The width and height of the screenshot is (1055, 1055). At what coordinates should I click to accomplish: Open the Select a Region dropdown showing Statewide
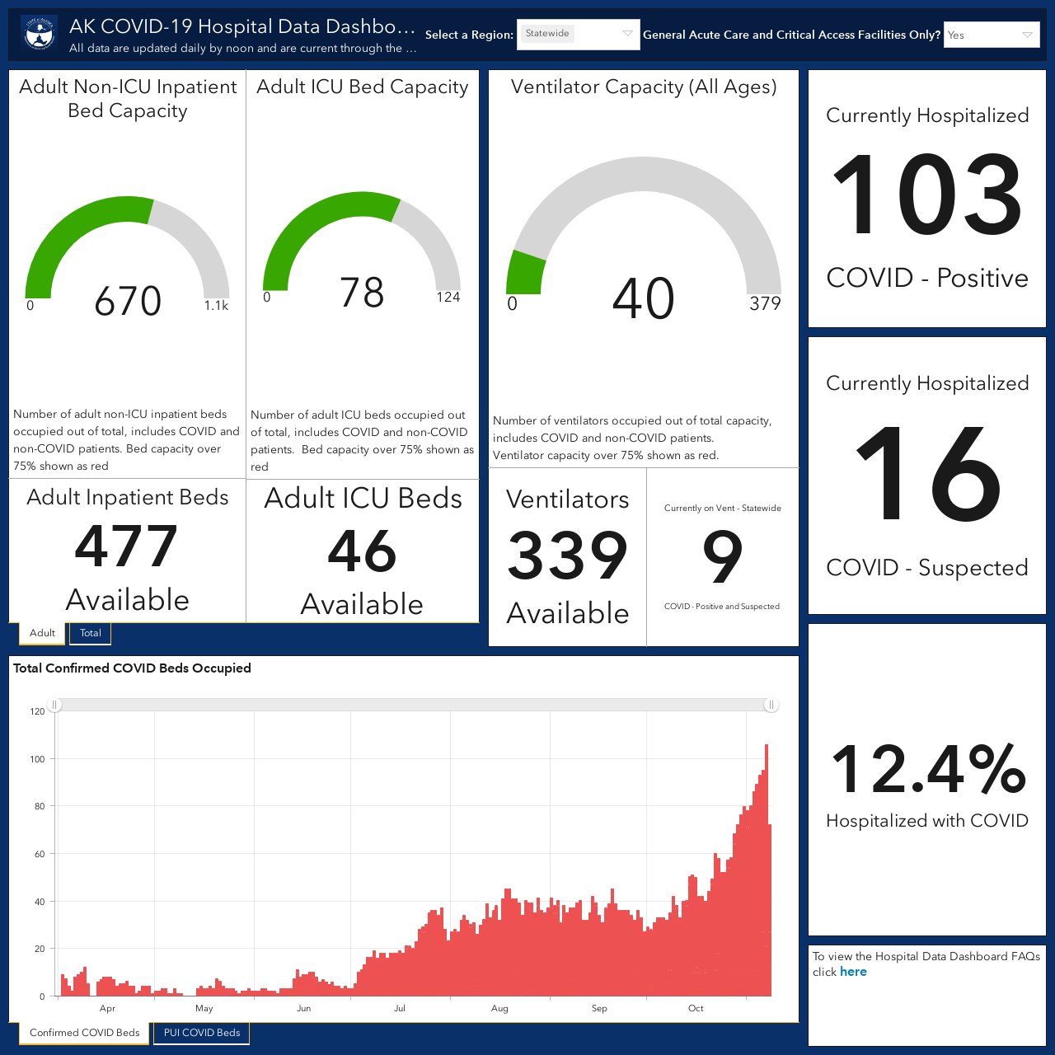[x=578, y=34]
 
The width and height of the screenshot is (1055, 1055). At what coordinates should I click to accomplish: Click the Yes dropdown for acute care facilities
[x=992, y=35]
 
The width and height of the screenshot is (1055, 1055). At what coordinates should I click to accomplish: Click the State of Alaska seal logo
[x=40, y=34]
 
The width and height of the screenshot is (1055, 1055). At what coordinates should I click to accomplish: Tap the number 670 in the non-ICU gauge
[x=128, y=301]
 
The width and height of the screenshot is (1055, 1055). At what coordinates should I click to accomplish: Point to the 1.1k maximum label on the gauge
[x=216, y=306]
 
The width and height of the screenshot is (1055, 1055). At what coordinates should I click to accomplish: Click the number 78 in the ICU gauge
[x=361, y=293]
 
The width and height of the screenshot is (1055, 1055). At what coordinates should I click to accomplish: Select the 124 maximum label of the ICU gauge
[x=448, y=298]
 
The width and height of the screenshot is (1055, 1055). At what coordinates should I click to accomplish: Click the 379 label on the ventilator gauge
[x=765, y=303]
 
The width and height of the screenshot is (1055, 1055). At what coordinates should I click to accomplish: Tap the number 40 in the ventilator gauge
[x=643, y=298]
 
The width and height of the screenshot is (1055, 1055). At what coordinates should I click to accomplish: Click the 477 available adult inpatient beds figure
[x=126, y=546]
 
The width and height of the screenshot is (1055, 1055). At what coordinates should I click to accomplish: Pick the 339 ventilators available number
[x=567, y=556]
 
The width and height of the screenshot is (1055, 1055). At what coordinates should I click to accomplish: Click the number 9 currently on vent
[x=723, y=556]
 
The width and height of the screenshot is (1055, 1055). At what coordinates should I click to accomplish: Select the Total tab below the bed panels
[x=91, y=633]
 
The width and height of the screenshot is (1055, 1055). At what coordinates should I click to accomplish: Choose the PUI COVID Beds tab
[x=201, y=1033]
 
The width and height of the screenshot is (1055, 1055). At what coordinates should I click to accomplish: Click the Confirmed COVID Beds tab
[x=84, y=1033]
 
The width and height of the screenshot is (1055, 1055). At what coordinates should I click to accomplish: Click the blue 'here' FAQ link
[x=853, y=971]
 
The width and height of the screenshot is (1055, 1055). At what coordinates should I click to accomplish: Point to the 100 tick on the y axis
[x=37, y=759]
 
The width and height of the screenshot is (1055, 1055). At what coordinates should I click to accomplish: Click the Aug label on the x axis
[x=499, y=1008]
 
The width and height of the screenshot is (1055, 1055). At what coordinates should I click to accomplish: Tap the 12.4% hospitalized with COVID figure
[x=927, y=769]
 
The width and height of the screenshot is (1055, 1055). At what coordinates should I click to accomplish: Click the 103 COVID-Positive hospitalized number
[x=926, y=194]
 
